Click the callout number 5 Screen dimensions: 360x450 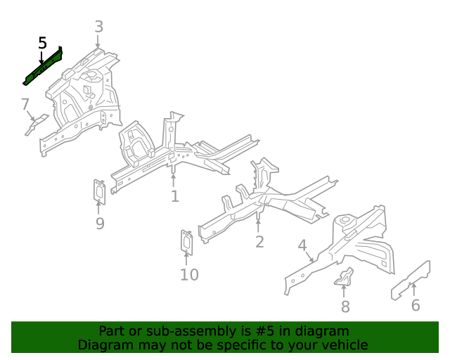click(42, 43)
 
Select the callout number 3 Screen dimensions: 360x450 click(98, 27)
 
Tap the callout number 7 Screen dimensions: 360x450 click(25, 105)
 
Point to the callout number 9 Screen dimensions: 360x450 click(100, 224)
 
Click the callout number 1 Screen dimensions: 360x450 click(174, 196)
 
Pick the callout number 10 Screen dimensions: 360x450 click(189, 275)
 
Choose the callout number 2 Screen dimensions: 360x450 click(259, 242)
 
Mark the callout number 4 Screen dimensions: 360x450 click(302, 245)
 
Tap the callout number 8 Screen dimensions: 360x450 click(345, 307)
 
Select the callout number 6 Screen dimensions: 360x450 click(415, 305)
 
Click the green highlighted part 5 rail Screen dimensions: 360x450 click(42, 68)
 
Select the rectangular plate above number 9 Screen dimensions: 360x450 click(100, 192)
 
